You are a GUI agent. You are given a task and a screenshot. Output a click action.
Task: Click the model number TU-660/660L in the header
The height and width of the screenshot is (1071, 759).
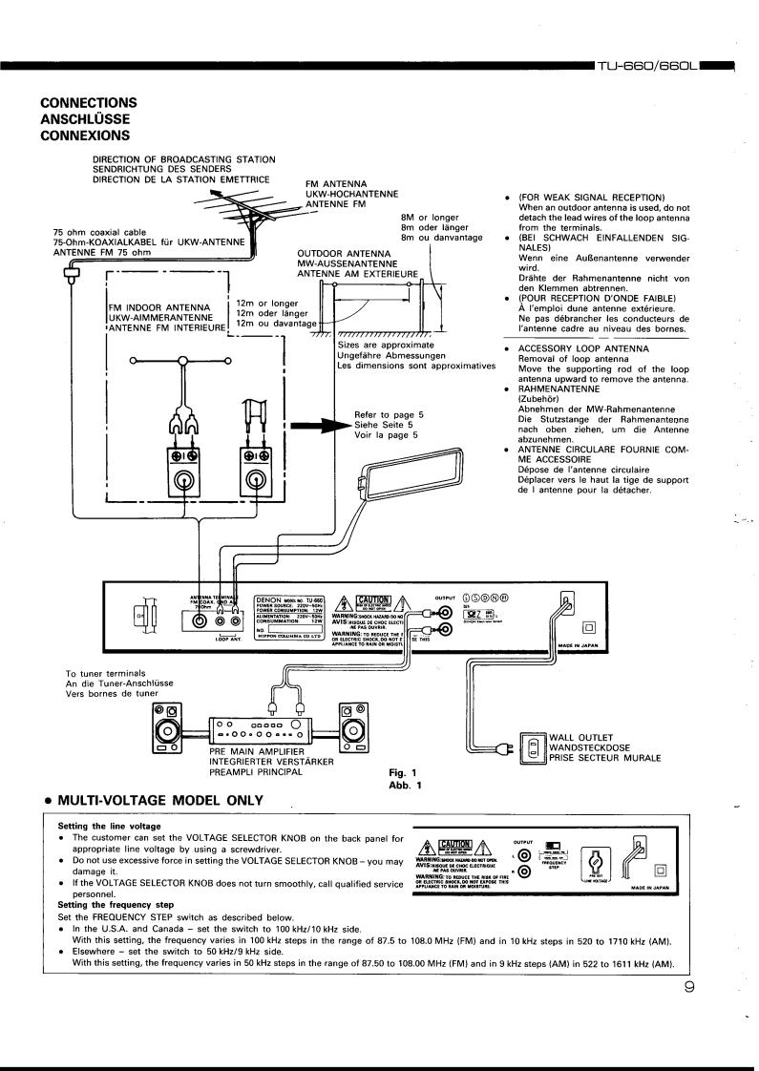(x=647, y=67)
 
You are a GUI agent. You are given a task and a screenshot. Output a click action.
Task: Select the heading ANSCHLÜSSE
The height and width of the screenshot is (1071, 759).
(x=85, y=119)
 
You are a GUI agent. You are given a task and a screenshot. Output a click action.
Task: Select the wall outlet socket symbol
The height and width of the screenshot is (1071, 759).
(x=534, y=746)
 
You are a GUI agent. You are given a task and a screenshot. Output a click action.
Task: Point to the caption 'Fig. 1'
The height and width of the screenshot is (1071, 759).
(x=405, y=772)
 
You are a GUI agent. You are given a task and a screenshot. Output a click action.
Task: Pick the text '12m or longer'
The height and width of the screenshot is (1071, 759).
(x=266, y=303)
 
